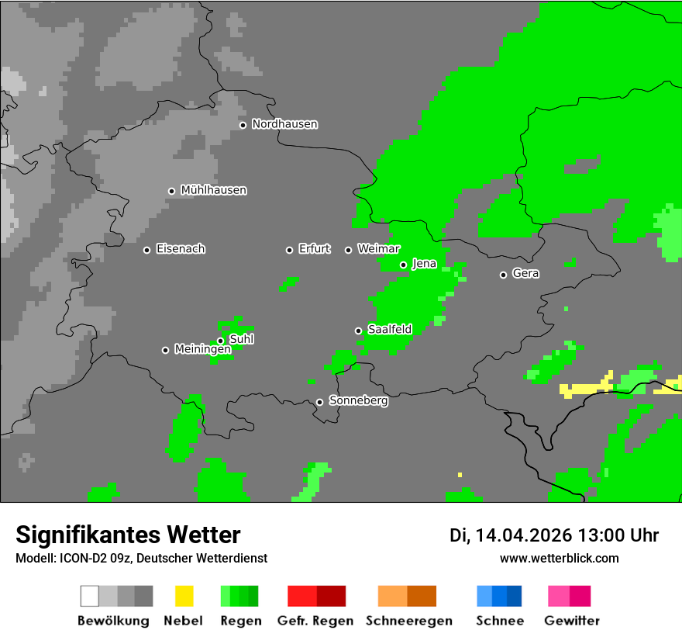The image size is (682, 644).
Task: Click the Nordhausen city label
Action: click(x=284, y=124)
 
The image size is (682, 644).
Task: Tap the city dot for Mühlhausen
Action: click(x=171, y=191)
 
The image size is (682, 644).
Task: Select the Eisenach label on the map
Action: click(x=181, y=249)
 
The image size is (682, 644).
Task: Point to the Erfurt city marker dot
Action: click(x=289, y=250)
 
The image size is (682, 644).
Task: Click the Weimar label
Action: click(x=378, y=249)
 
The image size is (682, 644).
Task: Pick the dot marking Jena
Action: click(x=403, y=265)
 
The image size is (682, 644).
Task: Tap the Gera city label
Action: click(x=525, y=274)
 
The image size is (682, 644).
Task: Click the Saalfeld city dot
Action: click(x=358, y=331)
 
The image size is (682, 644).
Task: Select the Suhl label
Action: click(x=241, y=339)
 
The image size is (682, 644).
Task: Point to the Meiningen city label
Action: click(x=202, y=350)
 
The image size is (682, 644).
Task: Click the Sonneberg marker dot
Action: click(x=319, y=402)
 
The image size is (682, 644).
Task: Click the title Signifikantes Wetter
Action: click(x=128, y=535)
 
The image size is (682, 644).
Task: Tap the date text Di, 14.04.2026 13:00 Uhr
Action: click(x=554, y=535)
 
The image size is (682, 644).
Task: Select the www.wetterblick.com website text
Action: click(x=559, y=558)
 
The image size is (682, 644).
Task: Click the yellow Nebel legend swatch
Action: click(x=184, y=596)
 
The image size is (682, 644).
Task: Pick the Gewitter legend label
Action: click(x=572, y=621)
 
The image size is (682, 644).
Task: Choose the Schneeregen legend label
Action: click(x=408, y=621)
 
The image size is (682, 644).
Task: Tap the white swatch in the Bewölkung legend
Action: click(x=90, y=596)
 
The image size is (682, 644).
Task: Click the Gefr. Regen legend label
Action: click(x=315, y=621)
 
